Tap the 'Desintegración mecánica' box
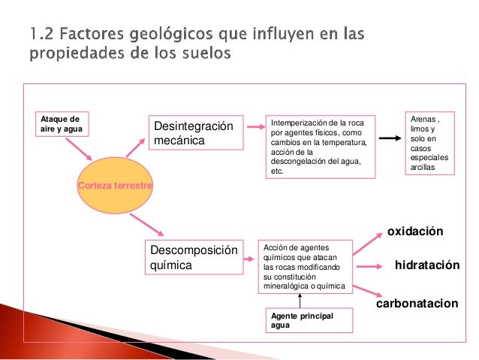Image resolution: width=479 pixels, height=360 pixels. (x=194, y=133)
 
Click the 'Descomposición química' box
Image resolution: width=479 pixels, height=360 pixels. (x=193, y=258)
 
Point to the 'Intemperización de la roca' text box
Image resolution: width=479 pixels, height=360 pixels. (x=322, y=147)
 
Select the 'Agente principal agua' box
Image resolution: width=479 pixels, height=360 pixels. (x=300, y=321)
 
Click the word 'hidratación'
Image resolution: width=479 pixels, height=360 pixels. (x=426, y=266)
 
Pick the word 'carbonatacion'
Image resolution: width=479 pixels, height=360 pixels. (x=416, y=304)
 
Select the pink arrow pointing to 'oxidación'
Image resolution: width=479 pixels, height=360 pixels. (x=367, y=244)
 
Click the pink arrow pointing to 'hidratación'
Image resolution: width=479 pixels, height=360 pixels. (x=371, y=267)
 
